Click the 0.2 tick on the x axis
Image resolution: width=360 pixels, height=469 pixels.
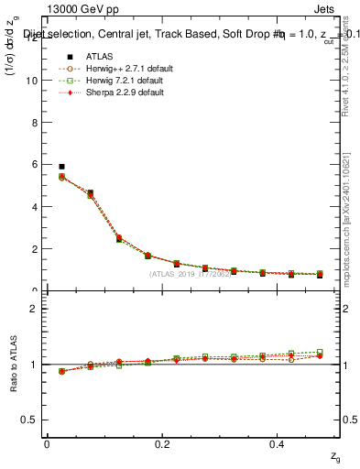click(163, 443)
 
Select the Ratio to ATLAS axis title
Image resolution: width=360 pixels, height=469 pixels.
click(12, 364)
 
